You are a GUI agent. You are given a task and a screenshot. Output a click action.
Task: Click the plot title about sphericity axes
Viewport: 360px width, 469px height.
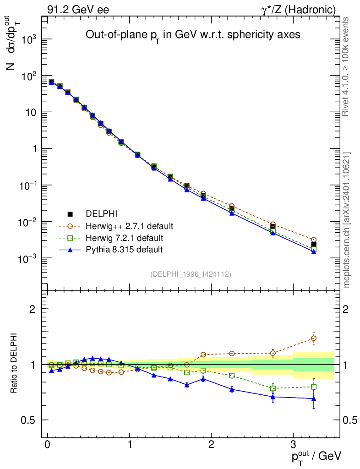pos(193,35)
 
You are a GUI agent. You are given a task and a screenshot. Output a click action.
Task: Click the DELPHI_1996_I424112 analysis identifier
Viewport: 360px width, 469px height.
pos(191,274)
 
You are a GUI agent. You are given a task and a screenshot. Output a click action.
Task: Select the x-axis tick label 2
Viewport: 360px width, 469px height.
pos(212,445)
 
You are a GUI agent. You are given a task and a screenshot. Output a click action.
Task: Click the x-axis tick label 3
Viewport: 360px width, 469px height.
pos(293,445)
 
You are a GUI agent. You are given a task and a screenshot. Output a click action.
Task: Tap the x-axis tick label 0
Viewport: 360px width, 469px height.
pos(48,445)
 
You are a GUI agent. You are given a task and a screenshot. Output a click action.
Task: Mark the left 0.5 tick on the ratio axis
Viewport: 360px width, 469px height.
pos(31,420)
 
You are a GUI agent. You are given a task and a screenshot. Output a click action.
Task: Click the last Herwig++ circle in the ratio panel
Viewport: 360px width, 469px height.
pos(314,338)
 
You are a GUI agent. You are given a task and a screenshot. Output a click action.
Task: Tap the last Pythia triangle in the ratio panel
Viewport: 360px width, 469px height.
pos(314,398)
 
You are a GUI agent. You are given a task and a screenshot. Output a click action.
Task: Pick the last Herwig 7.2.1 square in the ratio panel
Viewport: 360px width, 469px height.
pos(314,387)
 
